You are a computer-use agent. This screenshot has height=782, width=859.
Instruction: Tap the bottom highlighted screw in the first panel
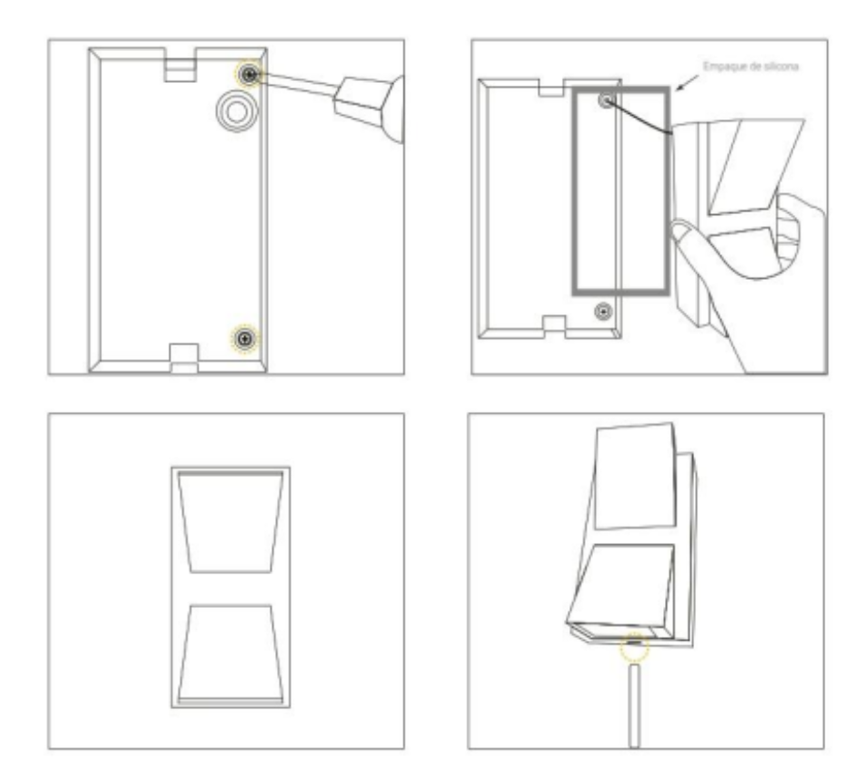(x=244, y=338)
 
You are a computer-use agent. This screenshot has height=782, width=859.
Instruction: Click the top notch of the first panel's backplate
(x=179, y=66)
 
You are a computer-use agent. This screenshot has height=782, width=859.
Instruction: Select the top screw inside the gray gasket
(x=604, y=102)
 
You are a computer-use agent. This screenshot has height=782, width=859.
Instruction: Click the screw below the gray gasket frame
(x=601, y=313)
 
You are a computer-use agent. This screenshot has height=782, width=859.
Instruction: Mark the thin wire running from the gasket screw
(x=642, y=120)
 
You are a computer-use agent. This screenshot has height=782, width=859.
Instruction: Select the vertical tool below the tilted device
(x=632, y=706)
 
